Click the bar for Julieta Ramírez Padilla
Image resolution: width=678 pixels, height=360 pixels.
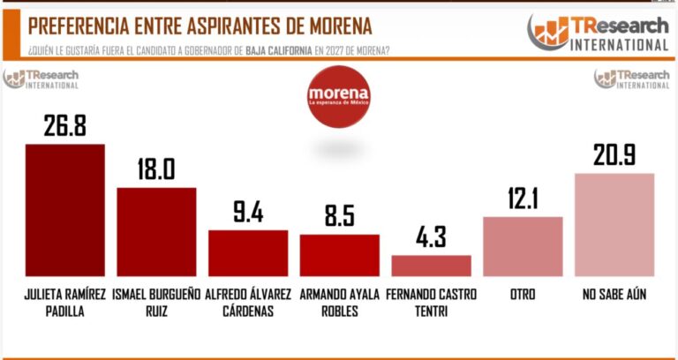coord(65,210)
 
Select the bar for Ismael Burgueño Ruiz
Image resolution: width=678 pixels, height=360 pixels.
coord(156,232)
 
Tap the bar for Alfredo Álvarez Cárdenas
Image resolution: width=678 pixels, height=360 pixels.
coord(248,253)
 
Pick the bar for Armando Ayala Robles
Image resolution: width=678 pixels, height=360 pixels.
coord(339,255)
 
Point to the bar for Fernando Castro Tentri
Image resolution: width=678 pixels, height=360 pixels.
coord(431,266)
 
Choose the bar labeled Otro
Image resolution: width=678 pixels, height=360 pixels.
coord(523,246)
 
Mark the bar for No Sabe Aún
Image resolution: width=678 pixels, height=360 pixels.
coord(614,225)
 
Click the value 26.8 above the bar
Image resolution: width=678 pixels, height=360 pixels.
coord(65,125)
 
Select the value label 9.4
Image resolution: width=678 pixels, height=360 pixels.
coord(248,212)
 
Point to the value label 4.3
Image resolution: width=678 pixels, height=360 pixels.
coord(431,238)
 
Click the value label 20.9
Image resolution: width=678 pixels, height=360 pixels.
coord(614,155)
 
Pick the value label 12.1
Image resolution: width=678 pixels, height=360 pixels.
coord(523,199)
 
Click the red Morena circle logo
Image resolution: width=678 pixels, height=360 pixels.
coord(338,96)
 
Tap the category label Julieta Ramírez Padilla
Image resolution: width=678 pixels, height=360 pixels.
coord(65,301)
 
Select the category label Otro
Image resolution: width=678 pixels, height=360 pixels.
coord(522,294)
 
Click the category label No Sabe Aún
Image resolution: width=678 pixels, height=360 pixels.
coord(614,294)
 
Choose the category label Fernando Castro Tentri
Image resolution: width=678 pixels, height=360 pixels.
coord(432,301)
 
